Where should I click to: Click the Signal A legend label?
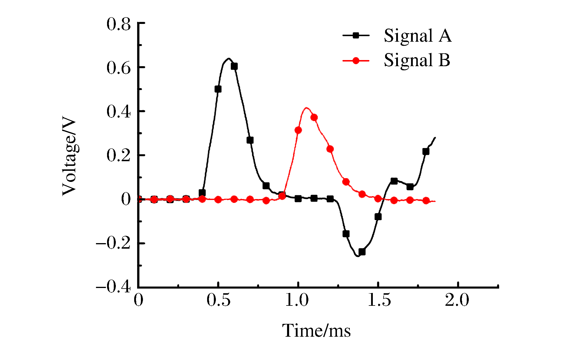click(x=417, y=36)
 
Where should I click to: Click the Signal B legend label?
click(x=417, y=60)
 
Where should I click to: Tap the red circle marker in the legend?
click(x=356, y=61)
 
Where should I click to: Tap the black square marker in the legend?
click(x=356, y=36)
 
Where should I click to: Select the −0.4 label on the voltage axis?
click(x=113, y=287)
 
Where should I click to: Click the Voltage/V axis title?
click(x=69, y=156)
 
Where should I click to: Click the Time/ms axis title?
click(x=317, y=331)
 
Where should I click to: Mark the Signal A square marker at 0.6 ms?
click(x=234, y=66)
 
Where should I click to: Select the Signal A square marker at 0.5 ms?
click(x=218, y=89)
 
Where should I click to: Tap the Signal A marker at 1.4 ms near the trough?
click(x=362, y=252)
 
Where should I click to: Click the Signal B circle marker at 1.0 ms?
click(x=298, y=130)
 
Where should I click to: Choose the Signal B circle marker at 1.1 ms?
click(x=314, y=117)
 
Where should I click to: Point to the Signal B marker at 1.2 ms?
click(x=330, y=149)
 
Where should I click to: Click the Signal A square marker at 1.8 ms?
click(x=426, y=152)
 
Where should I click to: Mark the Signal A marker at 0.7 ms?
click(x=250, y=140)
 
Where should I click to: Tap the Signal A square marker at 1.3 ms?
click(x=346, y=234)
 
